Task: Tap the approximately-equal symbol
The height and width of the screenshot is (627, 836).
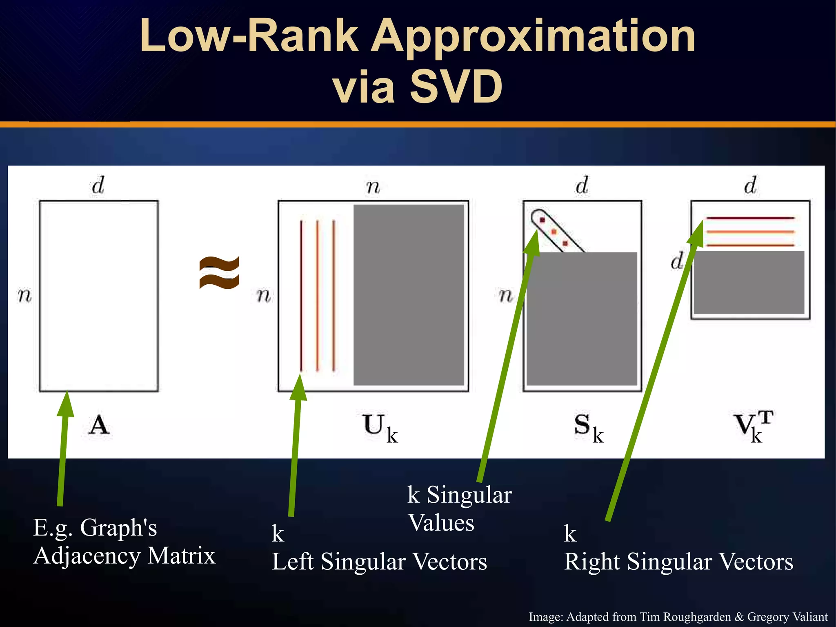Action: pyautogui.click(x=219, y=273)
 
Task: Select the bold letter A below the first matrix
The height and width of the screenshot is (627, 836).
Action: pyautogui.click(x=99, y=425)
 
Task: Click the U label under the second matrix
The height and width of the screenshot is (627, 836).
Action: pyautogui.click(x=374, y=424)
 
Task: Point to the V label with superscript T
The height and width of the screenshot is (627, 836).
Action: pyautogui.click(x=744, y=425)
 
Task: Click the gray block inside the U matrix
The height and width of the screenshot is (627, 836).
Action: pyautogui.click(x=409, y=295)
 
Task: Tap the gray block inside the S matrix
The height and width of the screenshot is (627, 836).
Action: pyautogui.click(x=582, y=319)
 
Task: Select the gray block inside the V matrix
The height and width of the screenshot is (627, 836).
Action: pyautogui.click(x=749, y=282)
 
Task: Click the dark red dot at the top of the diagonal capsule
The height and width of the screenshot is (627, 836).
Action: pyautogui.click(x=542, y=221)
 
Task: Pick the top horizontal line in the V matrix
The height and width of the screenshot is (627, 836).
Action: pyautogui.click(x=750, y=219)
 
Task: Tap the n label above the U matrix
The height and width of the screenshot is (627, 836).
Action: pyautogui.click(x=373, y=187)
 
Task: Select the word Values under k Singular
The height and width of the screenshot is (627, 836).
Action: pyautogui.click(x=441, y=523)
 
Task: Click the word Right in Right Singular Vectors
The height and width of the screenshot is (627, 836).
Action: pyautogui.click(x=592, y=562)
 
